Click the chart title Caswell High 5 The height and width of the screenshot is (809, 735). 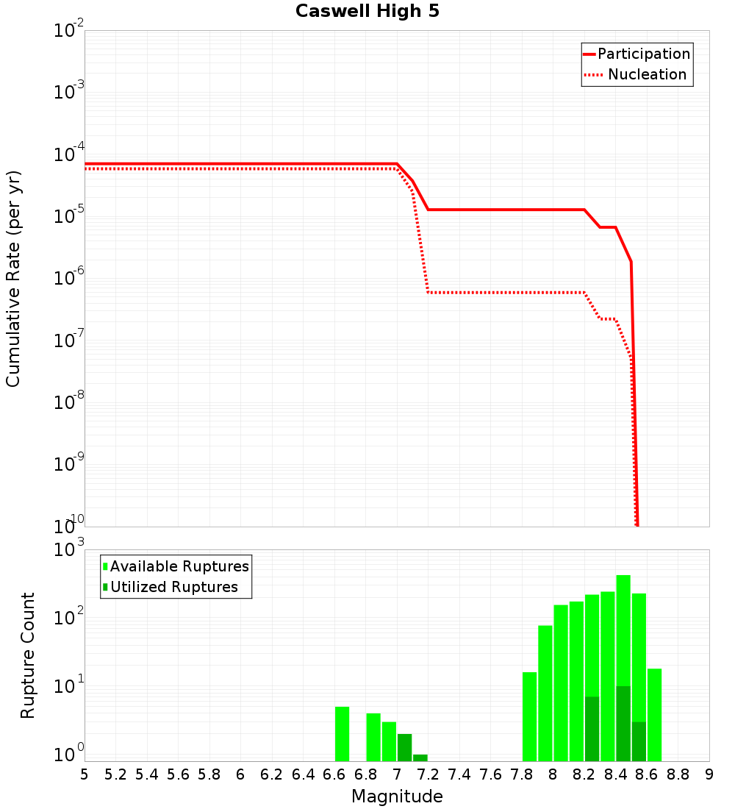pyautogui.click(x=367, y=12)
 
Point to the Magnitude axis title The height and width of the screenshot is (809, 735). pyautogui.click(x=397, y=796)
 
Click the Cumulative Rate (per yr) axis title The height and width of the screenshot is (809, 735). pyautogui.click(x=13, y=279)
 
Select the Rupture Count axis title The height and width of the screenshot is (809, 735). pyautogui.click(x=28, y=655)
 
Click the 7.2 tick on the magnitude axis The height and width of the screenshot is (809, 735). pyautogui.click(x=428, y=774)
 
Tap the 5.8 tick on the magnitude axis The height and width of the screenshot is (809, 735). pyautogui.click(x=209, y=774)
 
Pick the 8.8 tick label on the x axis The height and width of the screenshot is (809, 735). pyautogui.click(x=678, y=774)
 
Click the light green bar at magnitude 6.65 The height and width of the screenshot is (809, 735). pyautogui.click(x=342, y=734)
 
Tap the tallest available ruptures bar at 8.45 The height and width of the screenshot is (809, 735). pyautogui.click(x=623, y=632)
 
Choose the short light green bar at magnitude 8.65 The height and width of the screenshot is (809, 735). pyautogui.click(x=654, y=715)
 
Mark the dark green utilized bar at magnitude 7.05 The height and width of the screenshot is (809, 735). pyautogui.click(x=404, y=747)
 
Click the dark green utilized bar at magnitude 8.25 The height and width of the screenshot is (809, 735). pyautogui.click(x=592, y=728)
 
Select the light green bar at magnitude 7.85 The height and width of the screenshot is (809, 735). pyautogui.click(x=529, y=717)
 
